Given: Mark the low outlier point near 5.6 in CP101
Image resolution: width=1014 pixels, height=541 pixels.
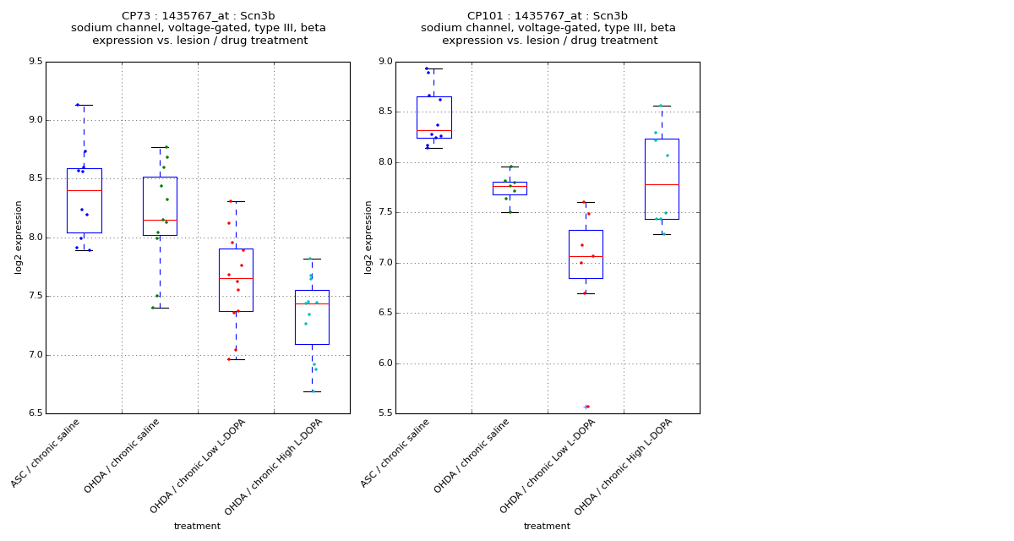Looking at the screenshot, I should (586, 407).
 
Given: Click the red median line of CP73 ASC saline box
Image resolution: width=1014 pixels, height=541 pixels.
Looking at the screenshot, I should (84, 190).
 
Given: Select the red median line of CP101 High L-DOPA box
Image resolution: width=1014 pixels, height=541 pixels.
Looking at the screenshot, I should (662, 184).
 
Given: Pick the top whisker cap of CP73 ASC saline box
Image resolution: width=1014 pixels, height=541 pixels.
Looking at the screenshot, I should (84, 105).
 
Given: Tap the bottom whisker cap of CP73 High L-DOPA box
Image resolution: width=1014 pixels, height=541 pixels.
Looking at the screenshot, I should (312, 391).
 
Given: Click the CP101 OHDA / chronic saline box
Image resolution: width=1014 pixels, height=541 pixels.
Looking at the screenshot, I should (510, 188).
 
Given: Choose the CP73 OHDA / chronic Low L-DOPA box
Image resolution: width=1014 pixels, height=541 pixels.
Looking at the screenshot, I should (236, 280).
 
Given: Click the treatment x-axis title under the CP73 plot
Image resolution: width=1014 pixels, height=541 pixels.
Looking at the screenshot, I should (197, 527).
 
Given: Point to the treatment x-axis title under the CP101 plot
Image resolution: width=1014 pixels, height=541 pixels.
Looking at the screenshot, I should (547, 527).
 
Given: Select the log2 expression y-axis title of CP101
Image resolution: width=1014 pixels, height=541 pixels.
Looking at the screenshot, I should (368, 237).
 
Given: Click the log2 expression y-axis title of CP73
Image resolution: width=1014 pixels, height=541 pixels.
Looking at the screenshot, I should (19, 237).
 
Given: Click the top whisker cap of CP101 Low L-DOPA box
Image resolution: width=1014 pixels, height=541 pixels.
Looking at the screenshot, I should (586, 202).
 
